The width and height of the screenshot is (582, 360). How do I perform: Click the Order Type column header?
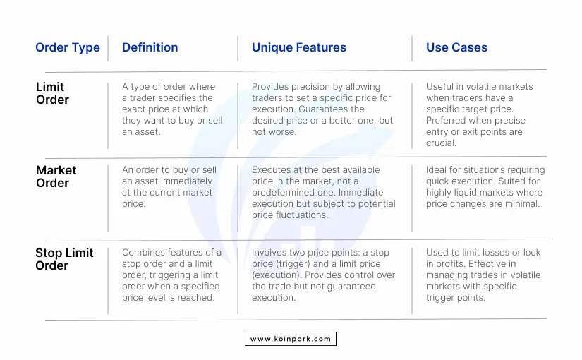point(68,47)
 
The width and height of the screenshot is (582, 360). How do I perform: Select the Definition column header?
point(150,47)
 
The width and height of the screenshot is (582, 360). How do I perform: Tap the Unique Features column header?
point(299,47)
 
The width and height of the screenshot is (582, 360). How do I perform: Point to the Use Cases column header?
point(456,47)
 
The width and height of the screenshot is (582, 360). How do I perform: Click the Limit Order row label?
point(52,93)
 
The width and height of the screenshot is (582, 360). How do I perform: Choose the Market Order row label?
point(56,176)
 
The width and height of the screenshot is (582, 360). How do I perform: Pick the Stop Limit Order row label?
point(64,259)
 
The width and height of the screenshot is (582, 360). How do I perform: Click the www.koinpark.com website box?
point(291,339)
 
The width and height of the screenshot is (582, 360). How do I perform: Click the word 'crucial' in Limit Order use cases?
point(441,143)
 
